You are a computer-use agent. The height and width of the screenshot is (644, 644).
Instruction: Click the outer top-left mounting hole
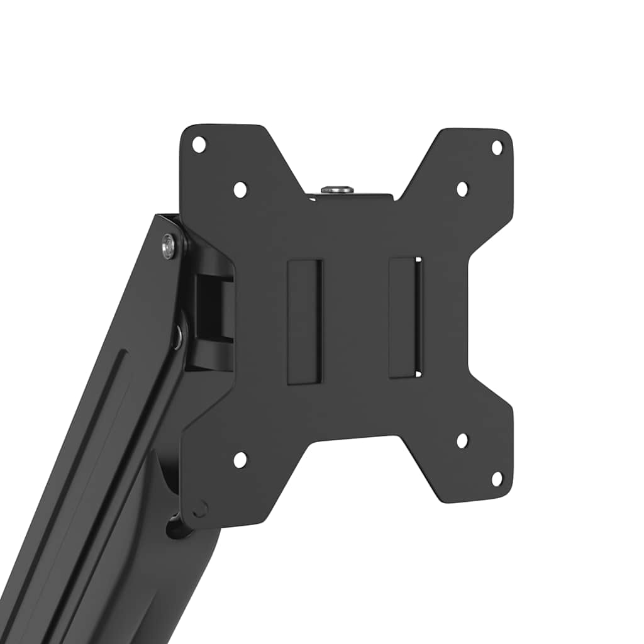pos(199,145)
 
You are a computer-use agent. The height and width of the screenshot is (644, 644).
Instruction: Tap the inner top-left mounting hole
pos(240,189)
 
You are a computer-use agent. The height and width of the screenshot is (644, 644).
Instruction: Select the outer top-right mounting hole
pos(497,148)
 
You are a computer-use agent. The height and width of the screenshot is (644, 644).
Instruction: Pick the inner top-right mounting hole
pos(462,189)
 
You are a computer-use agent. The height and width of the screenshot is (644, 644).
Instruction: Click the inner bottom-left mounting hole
pos(240,460)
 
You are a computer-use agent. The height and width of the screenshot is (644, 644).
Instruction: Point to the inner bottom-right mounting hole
pos(462,441)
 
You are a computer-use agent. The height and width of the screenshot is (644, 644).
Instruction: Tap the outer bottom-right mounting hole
pos(497,479)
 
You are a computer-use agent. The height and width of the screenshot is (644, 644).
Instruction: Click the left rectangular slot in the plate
pos(304,321)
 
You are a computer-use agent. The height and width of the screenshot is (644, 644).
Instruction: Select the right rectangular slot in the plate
pos(405,318)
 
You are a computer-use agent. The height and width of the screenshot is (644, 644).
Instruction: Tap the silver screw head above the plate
pos(337,189)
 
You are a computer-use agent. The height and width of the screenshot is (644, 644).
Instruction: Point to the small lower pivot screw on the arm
pos(178,337)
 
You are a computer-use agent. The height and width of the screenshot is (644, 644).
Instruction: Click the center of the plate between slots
pos(355,321)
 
